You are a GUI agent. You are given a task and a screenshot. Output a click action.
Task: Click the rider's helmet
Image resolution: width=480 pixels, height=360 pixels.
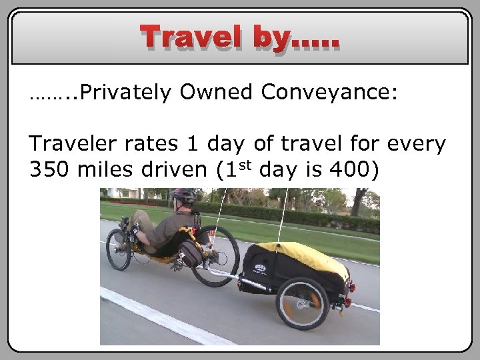pos(184,196)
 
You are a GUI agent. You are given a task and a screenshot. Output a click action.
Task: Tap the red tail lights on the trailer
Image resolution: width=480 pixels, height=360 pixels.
pos(351,288)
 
